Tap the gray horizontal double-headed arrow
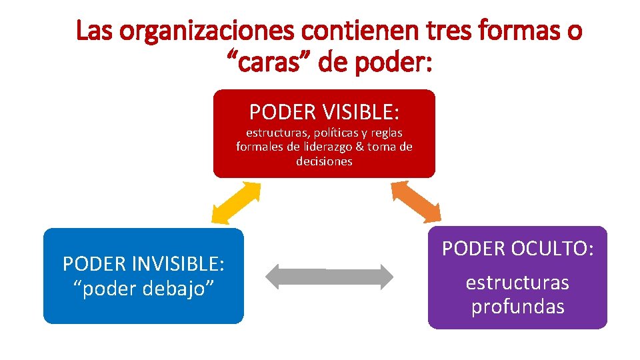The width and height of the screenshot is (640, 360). point(330,276)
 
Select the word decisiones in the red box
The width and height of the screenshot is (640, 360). point(325,161)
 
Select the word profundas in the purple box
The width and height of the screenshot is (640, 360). point(518,307)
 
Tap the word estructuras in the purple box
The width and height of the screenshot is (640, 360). point(518,283)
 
